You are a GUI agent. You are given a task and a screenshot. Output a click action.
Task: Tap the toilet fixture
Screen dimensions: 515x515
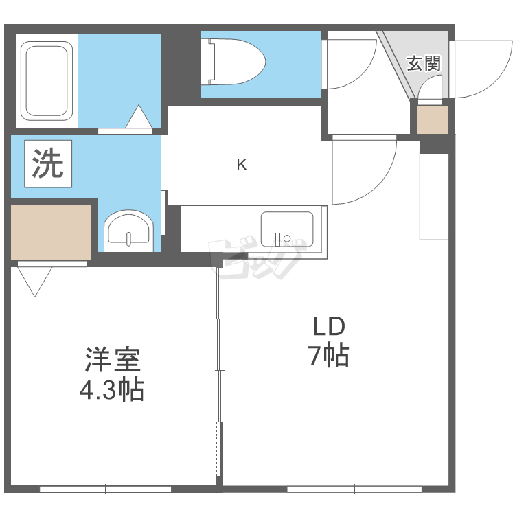click(x=235, y=62)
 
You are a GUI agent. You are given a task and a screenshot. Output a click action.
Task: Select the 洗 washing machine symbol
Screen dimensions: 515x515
click(x=49, y=163)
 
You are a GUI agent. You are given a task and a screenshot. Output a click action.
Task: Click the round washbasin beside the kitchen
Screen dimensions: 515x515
click(x=128, y=229)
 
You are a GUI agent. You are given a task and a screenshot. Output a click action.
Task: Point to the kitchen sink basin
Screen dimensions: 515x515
click(x=286, y=231)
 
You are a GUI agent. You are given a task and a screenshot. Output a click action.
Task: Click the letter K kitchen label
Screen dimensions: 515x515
click(x=242, y=165)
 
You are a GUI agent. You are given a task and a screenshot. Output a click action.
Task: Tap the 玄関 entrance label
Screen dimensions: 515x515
click(x=423, y=64)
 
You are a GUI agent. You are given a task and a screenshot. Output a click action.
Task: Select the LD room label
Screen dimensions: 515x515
click(x=328, y=326)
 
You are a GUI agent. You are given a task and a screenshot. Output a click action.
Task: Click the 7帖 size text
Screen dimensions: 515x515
click(x=328, y=356)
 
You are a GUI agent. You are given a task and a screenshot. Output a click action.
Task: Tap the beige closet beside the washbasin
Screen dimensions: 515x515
click(x=51, y=232)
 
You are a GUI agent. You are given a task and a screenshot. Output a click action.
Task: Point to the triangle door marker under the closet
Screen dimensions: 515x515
click(x=35, y=279)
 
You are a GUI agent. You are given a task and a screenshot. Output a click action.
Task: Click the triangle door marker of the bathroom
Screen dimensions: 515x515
click(x=139, y=117)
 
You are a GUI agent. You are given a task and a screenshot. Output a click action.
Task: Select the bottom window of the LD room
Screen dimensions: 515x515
click(x=354, y=490)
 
